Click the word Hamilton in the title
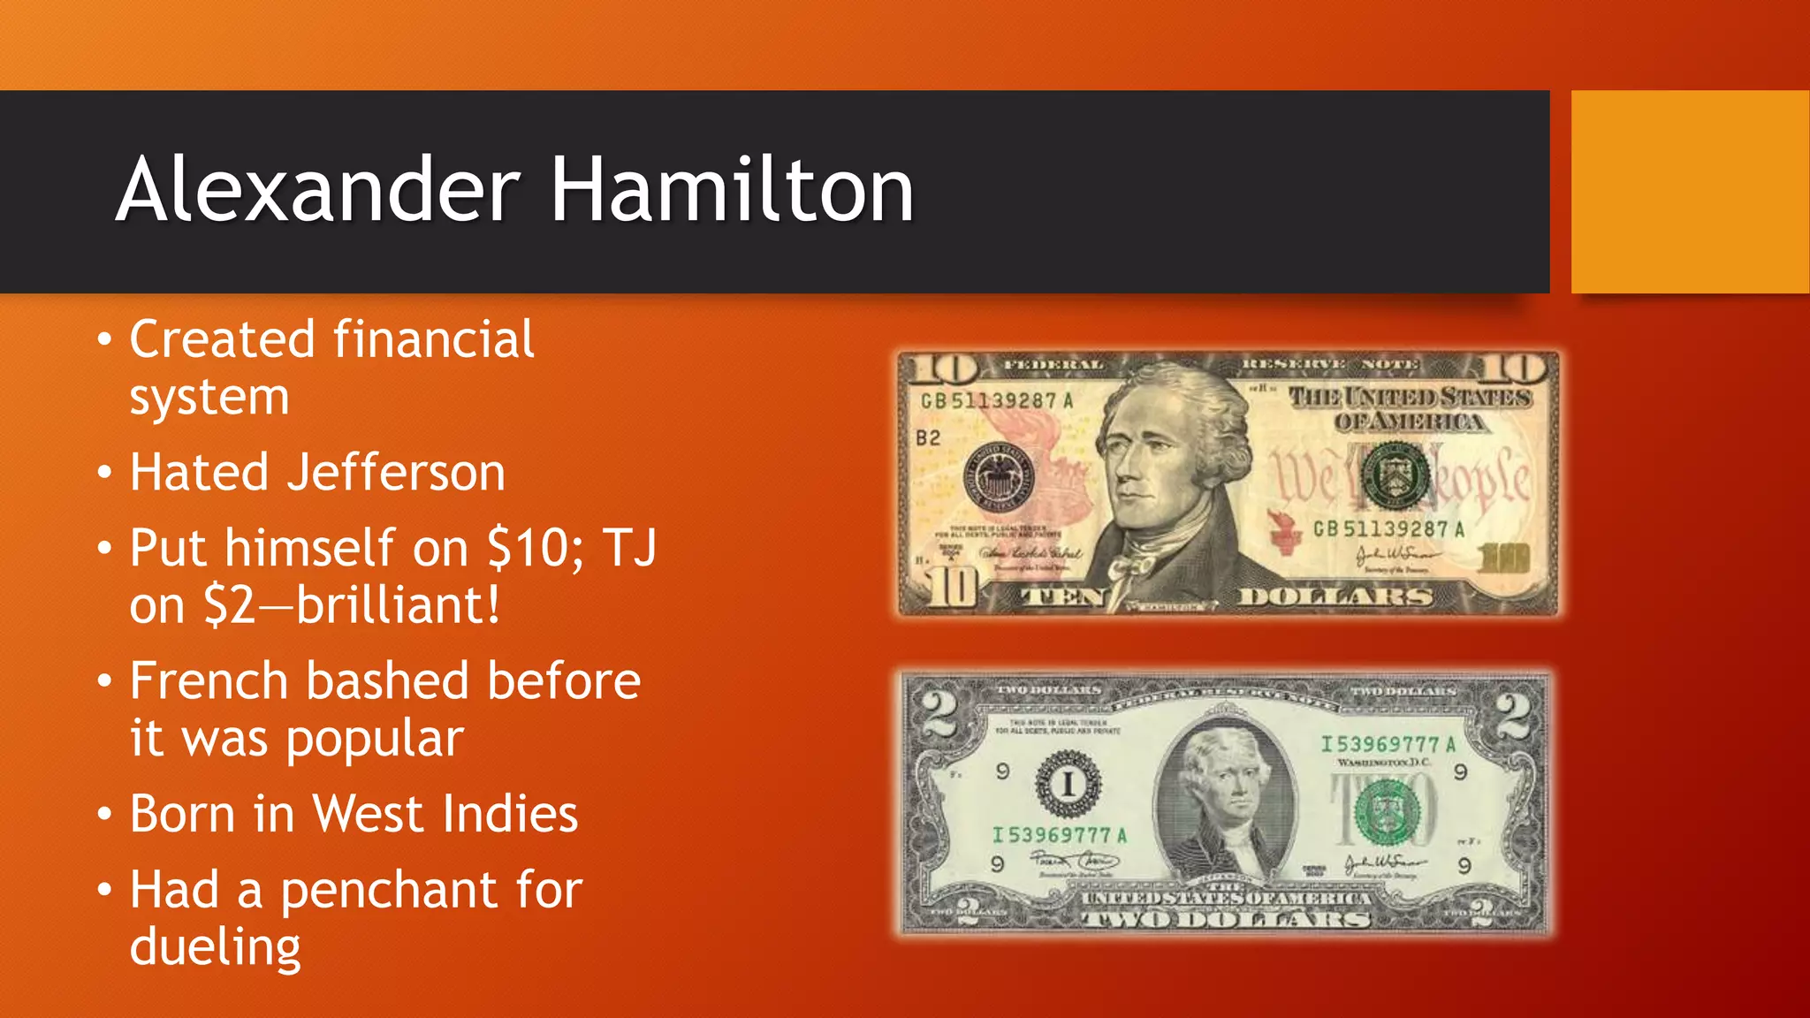pyautogui.click(x=732, y=190)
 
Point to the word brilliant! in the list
pyautogui.click(x=398, y=605)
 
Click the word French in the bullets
pyautogui.click(x=209, y=681)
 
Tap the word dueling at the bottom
pyautogui.click(x=215, y=947)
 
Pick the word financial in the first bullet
pyautogui.click(x=433, y=339)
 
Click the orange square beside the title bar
pyautogui.click(x=1690, y=192)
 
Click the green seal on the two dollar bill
pyautogui.click(x=1388, y=811)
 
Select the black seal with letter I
pyautogui.click(x=1069, y=784)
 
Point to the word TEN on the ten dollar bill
pyautogui.click(x=1062, y=597)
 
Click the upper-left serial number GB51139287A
pyautogui.click(x=997, y=401)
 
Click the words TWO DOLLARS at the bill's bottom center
pyautogui.click(x=1227, y=919)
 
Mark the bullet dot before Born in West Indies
pyautogui.click(x=105, y=814)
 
